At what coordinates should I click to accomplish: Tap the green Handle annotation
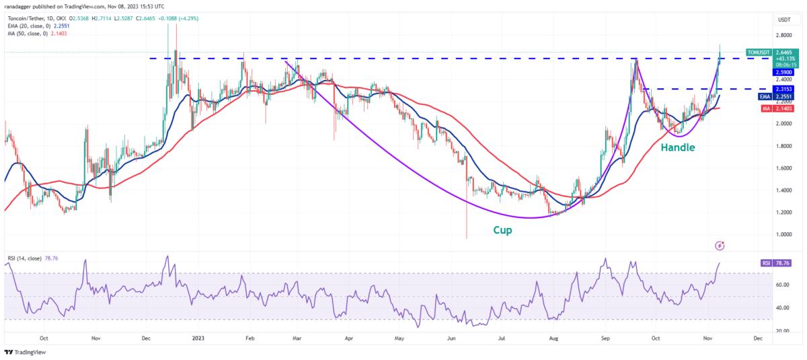point(677,147)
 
